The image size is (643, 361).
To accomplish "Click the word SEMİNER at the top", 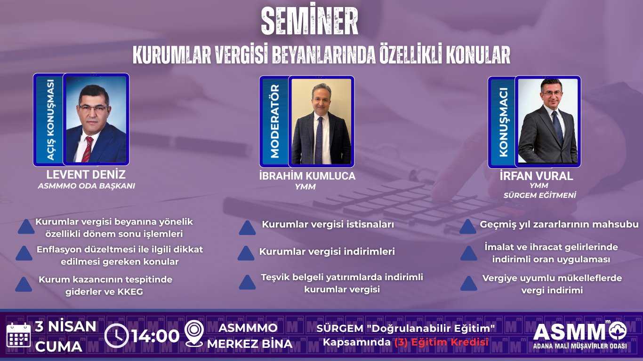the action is (309, 19).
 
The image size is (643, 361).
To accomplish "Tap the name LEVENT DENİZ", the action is (86, 174).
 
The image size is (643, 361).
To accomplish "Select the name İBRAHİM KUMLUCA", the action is (307, 176).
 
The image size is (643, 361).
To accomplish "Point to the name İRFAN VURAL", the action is (536, 176).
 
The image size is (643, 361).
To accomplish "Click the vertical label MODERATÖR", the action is (275, 121).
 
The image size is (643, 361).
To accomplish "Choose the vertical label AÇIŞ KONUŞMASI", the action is (50, 119).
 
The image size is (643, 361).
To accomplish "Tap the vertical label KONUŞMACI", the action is (504, 122).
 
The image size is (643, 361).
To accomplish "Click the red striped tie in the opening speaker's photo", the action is (87, 149).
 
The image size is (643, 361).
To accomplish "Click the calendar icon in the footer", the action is (18, 335).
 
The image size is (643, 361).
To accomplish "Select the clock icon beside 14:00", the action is (116, 336).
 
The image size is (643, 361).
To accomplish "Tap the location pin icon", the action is (194, 333).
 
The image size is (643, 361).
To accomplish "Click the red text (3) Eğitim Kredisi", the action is (442, 342).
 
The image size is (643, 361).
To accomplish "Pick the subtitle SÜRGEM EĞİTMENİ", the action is (539, 195).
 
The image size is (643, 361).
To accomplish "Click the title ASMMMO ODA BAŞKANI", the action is (87, 186).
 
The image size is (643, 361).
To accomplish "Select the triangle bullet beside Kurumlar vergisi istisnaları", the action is (247, 228).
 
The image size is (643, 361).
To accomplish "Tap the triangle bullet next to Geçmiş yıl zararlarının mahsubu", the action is (467, 227).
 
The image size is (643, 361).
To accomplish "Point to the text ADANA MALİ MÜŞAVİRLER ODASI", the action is (580, 346).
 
